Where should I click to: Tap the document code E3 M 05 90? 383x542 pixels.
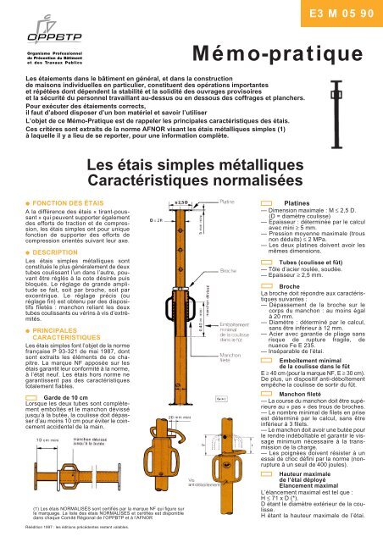333,15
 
